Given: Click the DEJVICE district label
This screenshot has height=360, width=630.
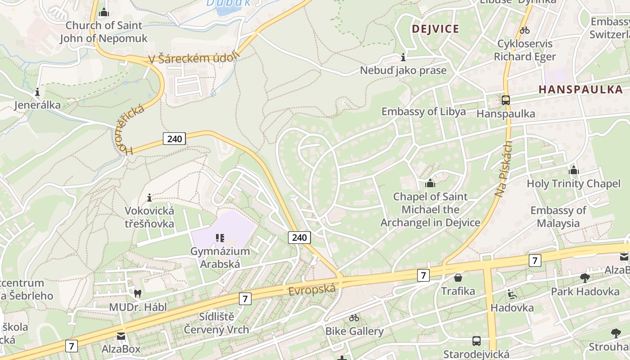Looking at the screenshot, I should click(435, 29).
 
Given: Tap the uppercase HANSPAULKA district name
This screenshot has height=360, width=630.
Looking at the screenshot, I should click(580, 89).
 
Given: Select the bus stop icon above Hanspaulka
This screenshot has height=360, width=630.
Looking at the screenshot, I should click(506, 100).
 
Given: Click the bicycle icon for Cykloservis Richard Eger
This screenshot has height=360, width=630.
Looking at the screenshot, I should click(524, 31).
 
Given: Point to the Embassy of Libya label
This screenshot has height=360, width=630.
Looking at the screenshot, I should click(423, 112).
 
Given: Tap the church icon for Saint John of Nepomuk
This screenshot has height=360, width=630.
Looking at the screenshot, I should click(104, 12).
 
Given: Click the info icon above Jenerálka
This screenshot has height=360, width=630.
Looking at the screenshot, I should click(37, 92).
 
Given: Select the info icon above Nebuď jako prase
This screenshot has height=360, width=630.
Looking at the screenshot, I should click(403, 57).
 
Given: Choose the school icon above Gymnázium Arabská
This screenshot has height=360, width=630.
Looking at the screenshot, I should click(220, 238).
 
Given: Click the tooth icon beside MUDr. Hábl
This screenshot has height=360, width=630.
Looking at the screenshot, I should click(138, 293).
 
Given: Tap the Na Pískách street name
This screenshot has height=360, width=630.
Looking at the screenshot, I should click(504, 170).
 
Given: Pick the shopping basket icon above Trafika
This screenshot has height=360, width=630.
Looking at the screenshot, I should click(458, 278).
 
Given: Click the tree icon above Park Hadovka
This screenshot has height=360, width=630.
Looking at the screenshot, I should click(585, 278).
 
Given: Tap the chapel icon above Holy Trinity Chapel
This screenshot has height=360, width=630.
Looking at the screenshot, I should click(573, 170).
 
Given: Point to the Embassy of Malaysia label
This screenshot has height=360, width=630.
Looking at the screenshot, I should click(558, 216).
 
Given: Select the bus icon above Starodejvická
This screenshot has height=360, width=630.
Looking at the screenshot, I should click(476, 341).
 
